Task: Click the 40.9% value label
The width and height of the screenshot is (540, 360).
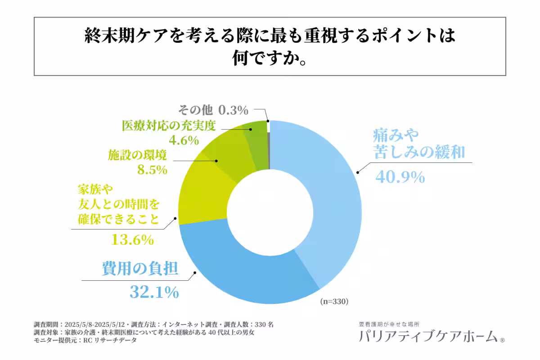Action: tap(400, 177)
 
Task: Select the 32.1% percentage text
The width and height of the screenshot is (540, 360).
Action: tap(154, 293)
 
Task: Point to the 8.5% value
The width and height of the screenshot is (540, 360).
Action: tap(152, 170)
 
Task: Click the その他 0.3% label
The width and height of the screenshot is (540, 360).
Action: tap(213, 110)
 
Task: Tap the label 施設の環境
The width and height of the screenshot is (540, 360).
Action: tap(137, 156)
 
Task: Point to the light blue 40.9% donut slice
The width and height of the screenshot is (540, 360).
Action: tap(333, 202)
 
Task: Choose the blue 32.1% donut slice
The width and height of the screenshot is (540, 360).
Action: tap(243, 270)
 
